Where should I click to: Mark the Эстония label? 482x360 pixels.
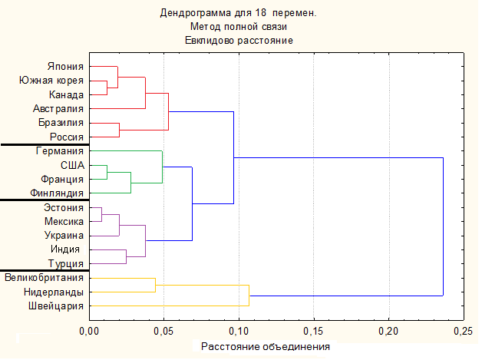coord(62,207)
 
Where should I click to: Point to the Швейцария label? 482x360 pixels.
coord(57,306)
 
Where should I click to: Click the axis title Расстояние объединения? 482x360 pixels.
coord(266,346)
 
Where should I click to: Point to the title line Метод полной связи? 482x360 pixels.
coord(239,26)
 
